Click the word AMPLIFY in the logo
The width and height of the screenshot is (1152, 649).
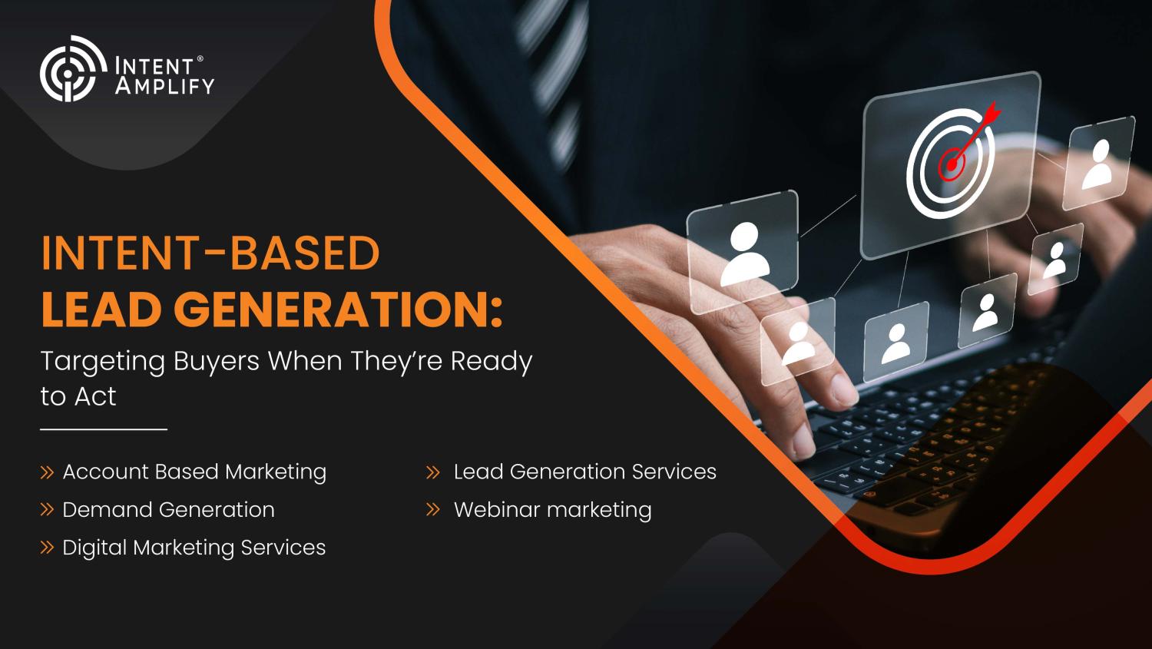pyautogui.click(x=164, y=86)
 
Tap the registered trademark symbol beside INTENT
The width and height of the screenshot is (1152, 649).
pyautogui.click(x=200, y=59)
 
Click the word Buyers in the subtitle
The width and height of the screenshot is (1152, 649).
pyautogui.click(x=217, y=362)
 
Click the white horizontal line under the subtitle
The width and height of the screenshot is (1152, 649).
pyautogui.click(x=104, y=429)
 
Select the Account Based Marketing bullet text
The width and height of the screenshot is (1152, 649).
pyautogui.click(x=194, y=472)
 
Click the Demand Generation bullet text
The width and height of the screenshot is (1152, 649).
pyautogui.click(x=168, y=510)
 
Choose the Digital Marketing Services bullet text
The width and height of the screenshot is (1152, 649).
pyautogui.click(x=194, y=548)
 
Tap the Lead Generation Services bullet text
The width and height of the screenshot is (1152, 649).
pyautogui.click(x=584, y=472)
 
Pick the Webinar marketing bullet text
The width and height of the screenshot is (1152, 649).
pyautogui.click(x=552, y=510)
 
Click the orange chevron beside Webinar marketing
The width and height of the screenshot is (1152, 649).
pyautogui.click(x=433, y=510)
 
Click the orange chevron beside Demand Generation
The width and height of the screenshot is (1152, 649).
pyautogui.click(x=47, y=510)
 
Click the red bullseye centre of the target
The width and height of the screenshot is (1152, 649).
pyautogui.click(x=952, y=164)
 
